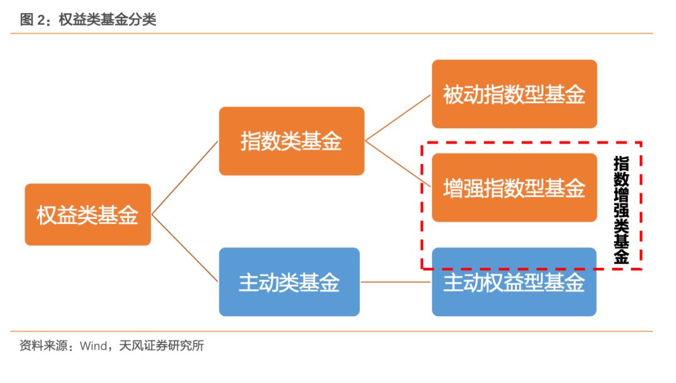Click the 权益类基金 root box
point(88,215)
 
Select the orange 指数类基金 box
point(291,141)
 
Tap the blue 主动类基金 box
point(289,282)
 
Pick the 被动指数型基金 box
point(514,94)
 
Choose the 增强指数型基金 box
point(514,187)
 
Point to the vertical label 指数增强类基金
point(621,210)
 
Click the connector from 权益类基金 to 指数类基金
point(185,177)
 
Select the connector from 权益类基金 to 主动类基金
point(185,248)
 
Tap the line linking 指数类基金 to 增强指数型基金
point(398,164)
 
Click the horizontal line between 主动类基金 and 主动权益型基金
point(396,282)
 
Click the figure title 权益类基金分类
point(107,20)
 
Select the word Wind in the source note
point(93,345)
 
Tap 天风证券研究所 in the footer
point(161,345)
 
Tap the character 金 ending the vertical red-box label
point(621,257)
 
